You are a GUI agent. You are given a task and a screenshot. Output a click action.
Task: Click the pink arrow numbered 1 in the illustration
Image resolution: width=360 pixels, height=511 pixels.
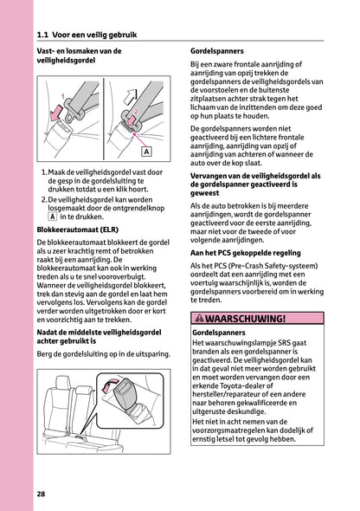click(55, 110)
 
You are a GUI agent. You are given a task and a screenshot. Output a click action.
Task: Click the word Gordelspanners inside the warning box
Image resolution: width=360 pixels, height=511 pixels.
click(221, 333)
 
